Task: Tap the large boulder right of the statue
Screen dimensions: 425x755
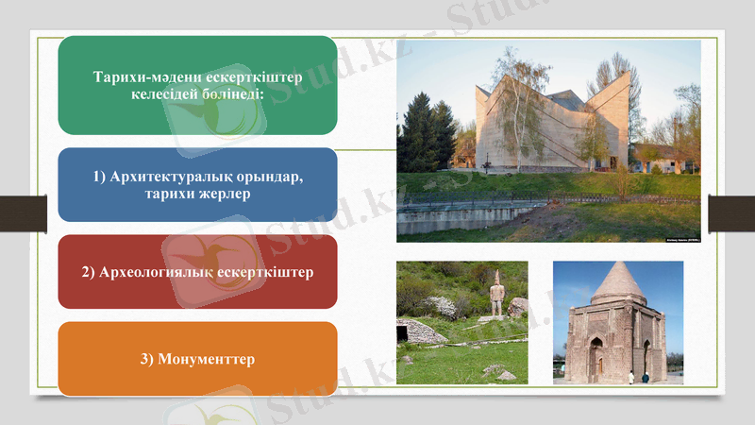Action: click(x=518, y=307)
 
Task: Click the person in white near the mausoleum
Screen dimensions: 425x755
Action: click(x=631, y=377)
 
